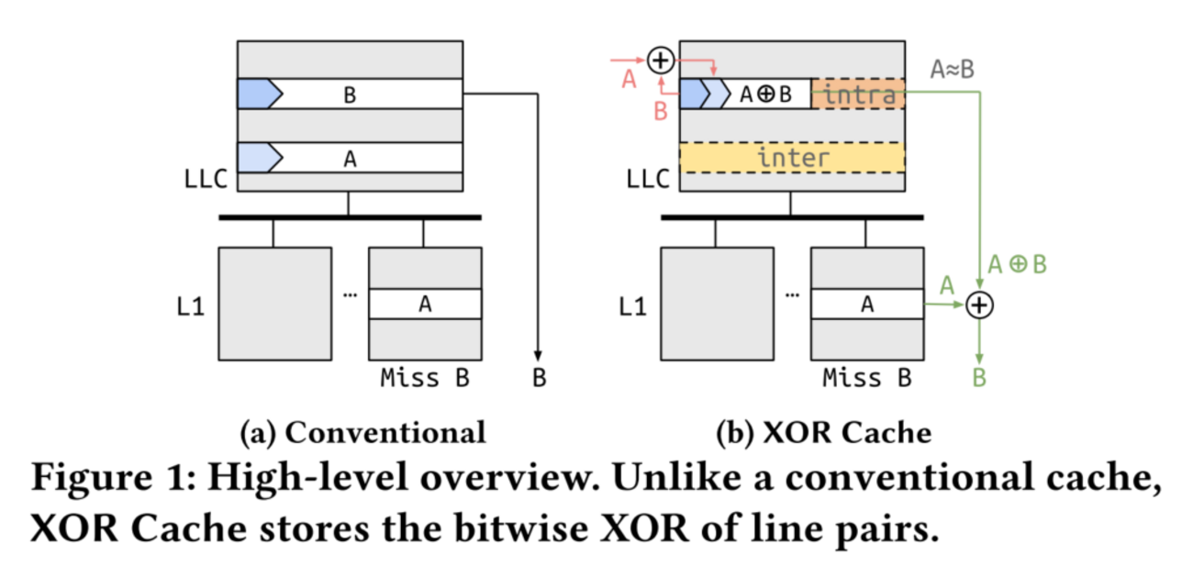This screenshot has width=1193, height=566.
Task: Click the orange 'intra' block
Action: (x=858, y=94)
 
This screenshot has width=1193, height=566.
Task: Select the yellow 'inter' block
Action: (x=792, y=158)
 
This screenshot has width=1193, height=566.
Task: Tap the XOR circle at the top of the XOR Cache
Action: (x=660, y=61)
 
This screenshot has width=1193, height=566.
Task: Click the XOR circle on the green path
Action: (x=981, y=305)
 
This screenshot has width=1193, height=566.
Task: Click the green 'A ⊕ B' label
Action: (x=1017, y=264)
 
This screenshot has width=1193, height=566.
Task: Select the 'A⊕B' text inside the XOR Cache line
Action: (x=765, y=94)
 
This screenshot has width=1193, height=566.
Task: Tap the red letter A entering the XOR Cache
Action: (x=629, y=81)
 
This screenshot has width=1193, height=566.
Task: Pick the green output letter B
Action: (x=980, y=377)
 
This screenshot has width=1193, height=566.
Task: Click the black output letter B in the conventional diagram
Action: (x=539, y=377)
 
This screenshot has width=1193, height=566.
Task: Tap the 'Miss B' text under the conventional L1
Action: (x=424, y=377)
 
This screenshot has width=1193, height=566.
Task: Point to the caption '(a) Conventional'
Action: (x=362, y=431)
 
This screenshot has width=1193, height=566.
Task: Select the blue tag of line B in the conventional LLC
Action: (x=259, y=94)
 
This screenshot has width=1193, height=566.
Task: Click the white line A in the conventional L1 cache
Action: (x=424, y=304)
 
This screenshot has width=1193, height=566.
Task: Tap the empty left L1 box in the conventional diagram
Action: (x=273, y=304)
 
